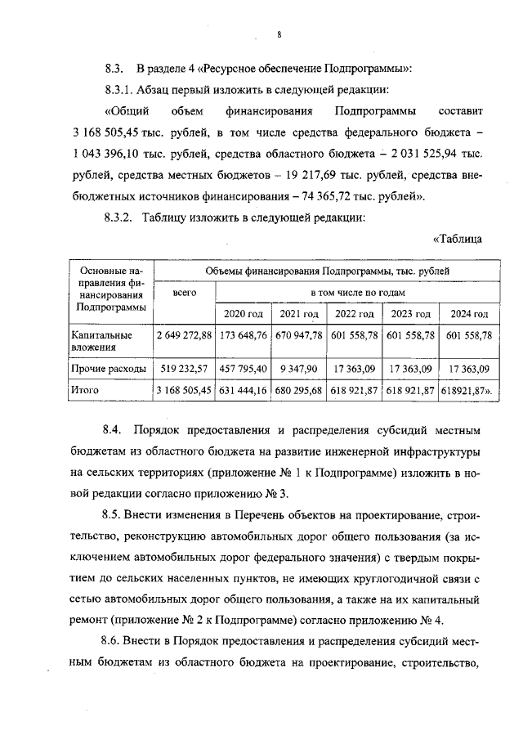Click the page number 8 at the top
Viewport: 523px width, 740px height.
click(x=279, y=34)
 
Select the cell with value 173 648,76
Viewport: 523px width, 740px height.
click(x=244, y=335)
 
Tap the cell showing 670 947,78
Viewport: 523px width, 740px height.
click(x=298, y=335)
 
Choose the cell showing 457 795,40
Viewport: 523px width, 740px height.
click(x=244, y=369)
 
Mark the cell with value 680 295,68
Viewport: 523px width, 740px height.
click(x=298, y=391)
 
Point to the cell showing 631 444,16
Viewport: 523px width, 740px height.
click(x=244, y=391)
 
